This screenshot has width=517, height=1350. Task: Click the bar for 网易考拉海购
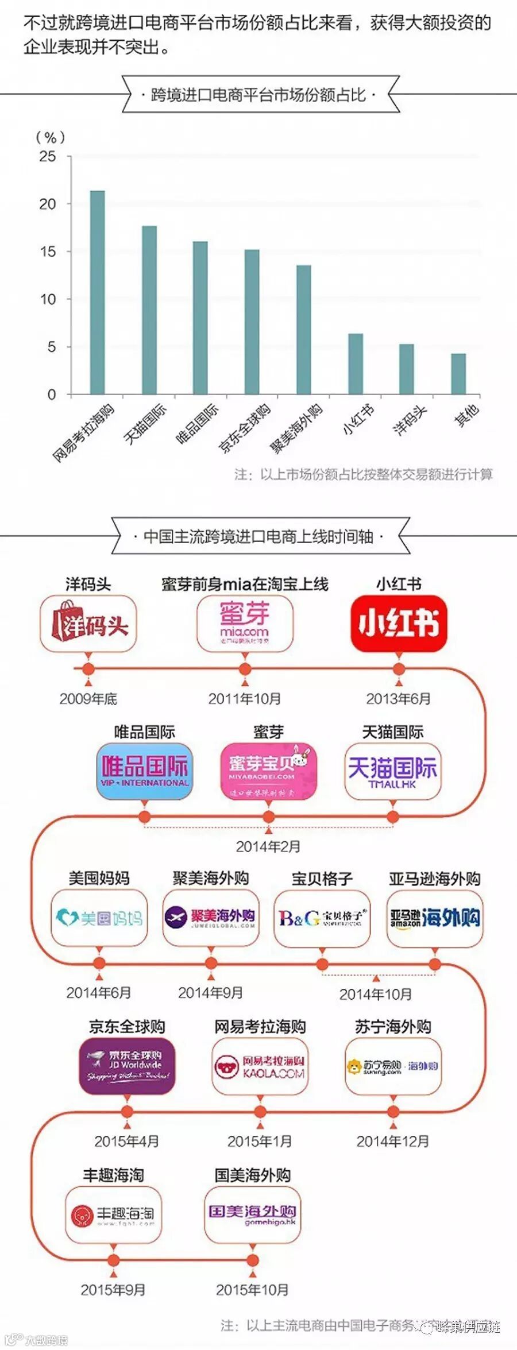(98, 292)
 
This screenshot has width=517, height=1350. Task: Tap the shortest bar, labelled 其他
(458, 374)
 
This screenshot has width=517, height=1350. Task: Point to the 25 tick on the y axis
(48, 156)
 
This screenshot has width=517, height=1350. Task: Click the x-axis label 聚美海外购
(297, 428)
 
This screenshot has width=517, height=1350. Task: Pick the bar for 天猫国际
(149, 310)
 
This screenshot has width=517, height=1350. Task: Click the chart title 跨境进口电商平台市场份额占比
(258, 95)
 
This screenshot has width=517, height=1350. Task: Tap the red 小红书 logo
(399, 624)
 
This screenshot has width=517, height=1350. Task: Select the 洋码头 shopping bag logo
(88, 624)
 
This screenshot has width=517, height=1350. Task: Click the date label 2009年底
(88, 699)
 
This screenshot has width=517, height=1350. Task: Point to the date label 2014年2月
(268, 846)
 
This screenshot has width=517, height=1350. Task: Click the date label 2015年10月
(252, 1290)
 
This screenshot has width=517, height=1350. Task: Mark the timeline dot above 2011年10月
(245, 669)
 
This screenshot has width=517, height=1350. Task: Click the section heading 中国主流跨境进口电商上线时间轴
(258, 536)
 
